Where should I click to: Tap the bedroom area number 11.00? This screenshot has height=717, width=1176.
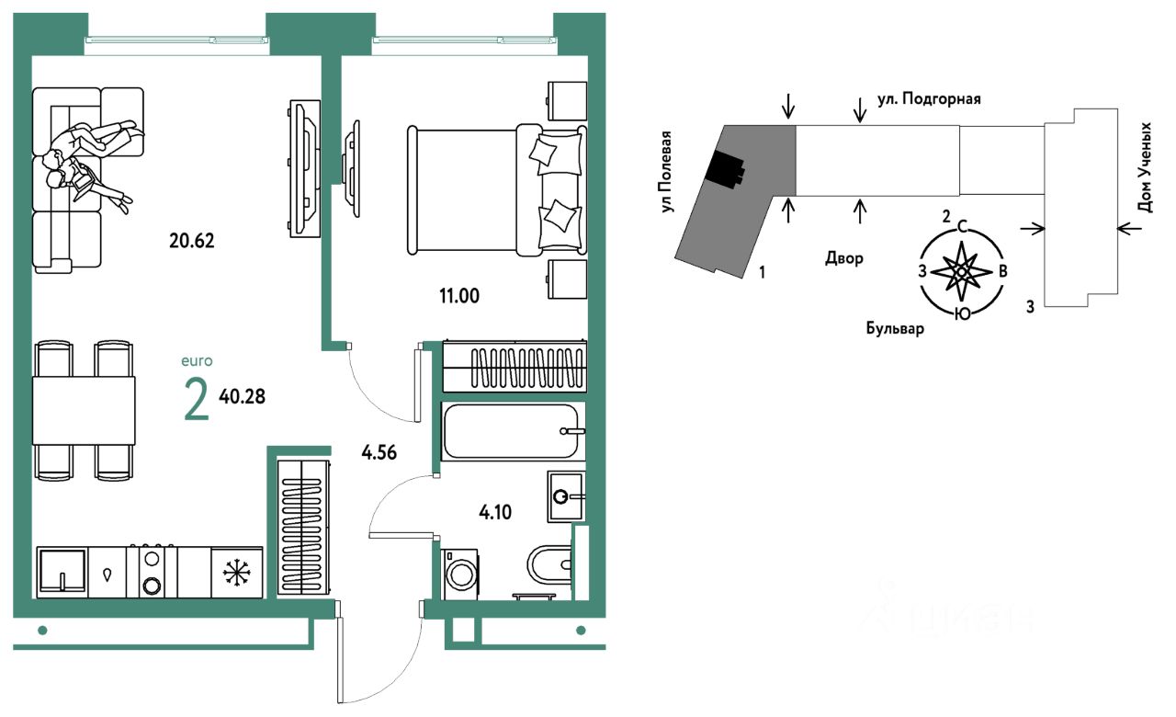459,295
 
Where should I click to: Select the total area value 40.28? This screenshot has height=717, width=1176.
243,397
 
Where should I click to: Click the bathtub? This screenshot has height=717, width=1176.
512,430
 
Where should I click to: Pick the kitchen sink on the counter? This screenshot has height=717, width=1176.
62,572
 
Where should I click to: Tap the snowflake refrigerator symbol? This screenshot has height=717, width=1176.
237,573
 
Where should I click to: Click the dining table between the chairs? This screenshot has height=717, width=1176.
84,410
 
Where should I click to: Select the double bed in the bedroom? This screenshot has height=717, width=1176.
496,190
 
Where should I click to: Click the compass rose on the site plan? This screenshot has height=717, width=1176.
961,271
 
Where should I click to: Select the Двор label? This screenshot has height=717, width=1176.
844,258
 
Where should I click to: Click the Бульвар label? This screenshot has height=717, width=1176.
894,328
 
